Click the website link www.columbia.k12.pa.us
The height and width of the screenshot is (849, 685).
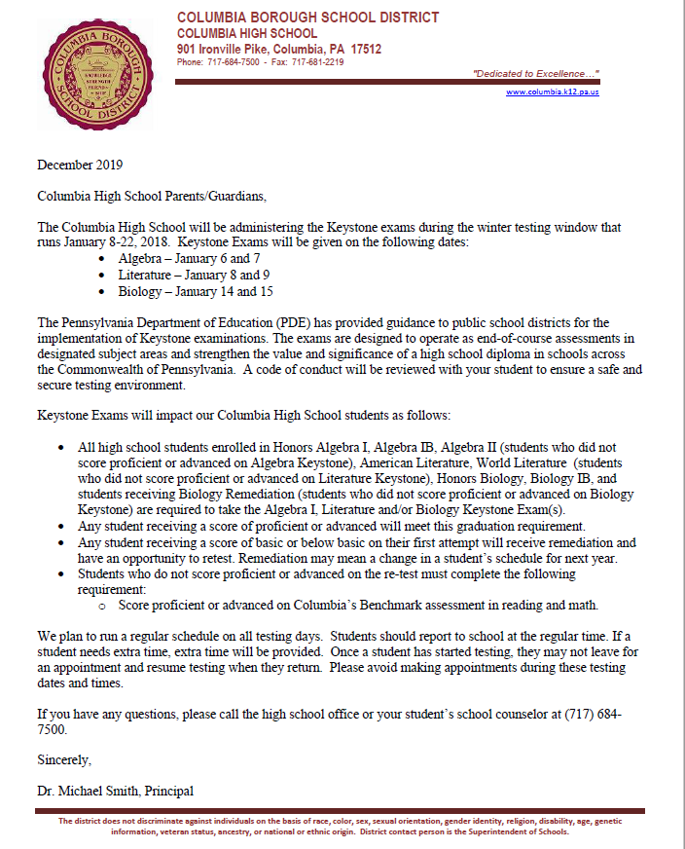(553, 92)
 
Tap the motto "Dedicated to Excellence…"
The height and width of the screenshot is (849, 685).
(535, 74)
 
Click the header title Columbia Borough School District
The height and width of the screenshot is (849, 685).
(307, 18)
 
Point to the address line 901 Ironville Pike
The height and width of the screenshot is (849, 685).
(278, 49)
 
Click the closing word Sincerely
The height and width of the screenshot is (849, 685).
(64, 757)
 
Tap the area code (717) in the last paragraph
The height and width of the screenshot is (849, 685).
(581, 714)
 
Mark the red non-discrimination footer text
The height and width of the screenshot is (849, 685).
(342, 827)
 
